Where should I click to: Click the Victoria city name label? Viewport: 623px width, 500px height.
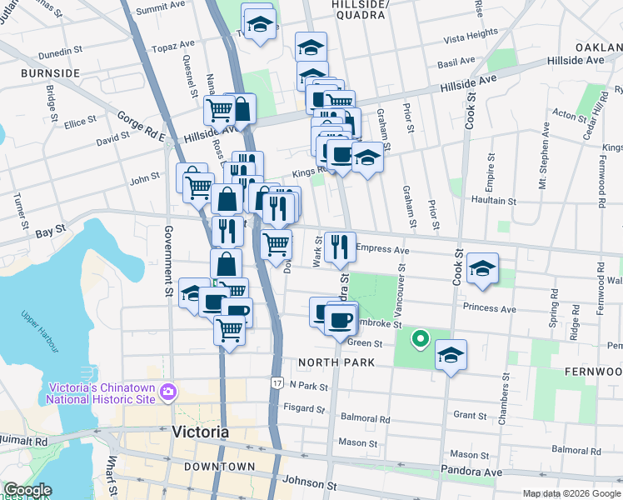tap(200, 432)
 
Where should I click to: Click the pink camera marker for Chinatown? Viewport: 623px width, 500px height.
tap(167, 392)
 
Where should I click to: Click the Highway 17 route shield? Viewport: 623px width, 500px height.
tap(277, 382)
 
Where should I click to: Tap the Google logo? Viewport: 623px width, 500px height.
tap(27, 490)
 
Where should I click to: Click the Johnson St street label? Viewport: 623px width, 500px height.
tap(309, 482)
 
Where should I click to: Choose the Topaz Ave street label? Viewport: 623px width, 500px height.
tap(173, 47)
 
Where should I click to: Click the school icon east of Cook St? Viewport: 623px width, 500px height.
tap(482, 268)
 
